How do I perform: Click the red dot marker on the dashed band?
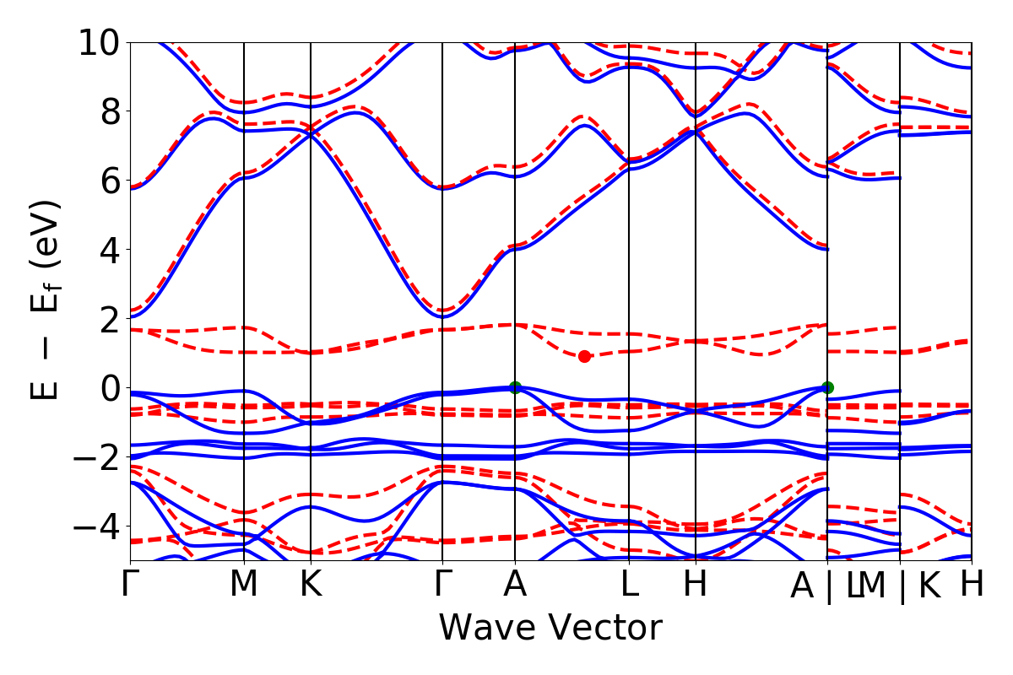584,356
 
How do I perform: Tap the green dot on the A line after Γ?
515,387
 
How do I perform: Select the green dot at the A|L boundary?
827,387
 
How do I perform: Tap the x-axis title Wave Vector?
550,629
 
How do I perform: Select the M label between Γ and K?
244,585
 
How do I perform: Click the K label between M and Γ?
311,585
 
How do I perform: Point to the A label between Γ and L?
515,585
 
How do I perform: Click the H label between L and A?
696,585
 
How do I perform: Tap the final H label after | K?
972,585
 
